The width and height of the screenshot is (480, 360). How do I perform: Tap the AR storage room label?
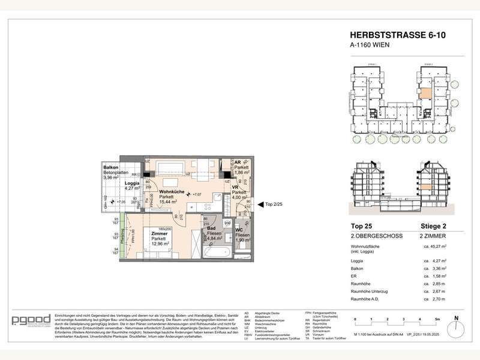pos(238,162)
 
